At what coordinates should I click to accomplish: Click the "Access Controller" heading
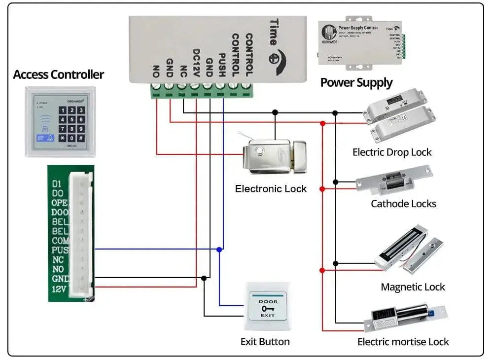pos(58,74)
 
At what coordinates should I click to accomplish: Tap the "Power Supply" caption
pos(356,82)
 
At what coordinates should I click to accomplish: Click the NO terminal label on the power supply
pos(156,71)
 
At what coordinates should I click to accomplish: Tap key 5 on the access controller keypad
pos(72,119)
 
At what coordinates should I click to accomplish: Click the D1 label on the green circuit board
pos(57,184)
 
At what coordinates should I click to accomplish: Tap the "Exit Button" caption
pos(265,342)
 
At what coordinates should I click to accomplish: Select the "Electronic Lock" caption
pos(271,189)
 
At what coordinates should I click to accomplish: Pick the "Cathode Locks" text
pos(403,204)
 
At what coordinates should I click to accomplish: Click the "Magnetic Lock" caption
pos(413,287)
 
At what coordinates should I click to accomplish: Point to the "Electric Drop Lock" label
pos(391,152)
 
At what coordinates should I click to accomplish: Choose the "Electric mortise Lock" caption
pos(403,342)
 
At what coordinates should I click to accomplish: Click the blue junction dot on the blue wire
pos(219,250)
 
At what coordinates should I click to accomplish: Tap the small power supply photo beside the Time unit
pos(361,44)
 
